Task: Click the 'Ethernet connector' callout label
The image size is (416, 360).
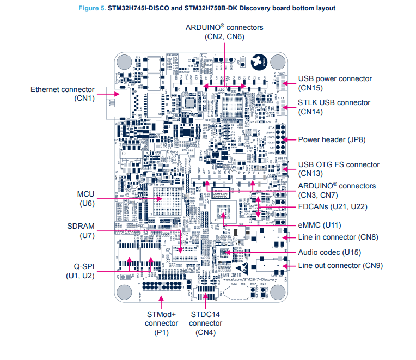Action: click(x=62, y=89)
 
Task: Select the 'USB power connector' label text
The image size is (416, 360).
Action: click(x=335, y=78)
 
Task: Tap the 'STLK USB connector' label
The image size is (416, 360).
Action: click(x=334, y=102)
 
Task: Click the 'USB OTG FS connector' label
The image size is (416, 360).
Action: click(x=339, y=164)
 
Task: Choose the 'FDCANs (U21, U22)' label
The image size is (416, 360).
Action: click(x=333, y=208)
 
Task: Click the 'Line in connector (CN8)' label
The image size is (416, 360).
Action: click(x=338, y=237)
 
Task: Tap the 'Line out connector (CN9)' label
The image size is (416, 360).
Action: click(x=340, y=265)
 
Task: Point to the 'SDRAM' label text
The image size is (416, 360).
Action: click(x=81, y=226)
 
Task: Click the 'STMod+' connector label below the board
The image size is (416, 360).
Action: click(x=162, y=314)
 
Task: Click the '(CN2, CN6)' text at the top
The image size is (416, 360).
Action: click(x=224, y=36)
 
